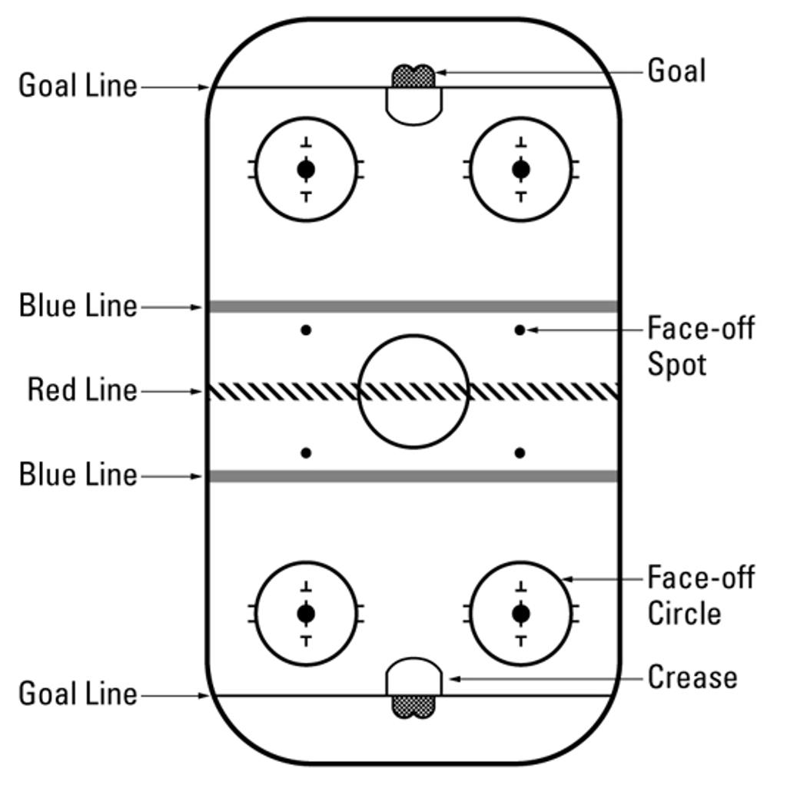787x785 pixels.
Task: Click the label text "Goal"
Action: click(x=676, y=71)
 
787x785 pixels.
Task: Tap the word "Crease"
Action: click(x=692, y=677)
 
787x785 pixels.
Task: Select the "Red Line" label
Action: click(x=82, y=390)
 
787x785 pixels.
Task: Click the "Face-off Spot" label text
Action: click(x=700, y=346)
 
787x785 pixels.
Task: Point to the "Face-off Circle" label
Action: click(x=700, y=595)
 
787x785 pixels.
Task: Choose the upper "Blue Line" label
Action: click(x=78, y=306)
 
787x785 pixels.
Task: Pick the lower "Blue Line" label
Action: click(x=78, y=475)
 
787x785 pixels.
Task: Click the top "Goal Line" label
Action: click(x=78, y=85)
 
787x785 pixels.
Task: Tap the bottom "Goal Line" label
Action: click(x=78, y=694)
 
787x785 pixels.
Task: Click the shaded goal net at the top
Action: click(x=413, y=76)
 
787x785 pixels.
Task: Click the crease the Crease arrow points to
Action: click(x=413, y=677)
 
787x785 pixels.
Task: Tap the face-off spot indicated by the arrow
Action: click(x=520, y=330)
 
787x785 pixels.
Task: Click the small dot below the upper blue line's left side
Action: click(x=306, y=330)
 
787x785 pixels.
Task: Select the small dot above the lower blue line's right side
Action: click(x=520, y=453)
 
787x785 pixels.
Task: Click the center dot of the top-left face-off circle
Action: click(x=306, y=168)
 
